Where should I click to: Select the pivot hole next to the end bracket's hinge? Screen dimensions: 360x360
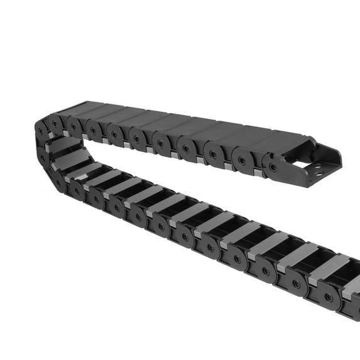pyautogui.click(x=243, y=161)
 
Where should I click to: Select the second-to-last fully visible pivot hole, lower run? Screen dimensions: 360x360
pyautogui.click(x=296, y=284)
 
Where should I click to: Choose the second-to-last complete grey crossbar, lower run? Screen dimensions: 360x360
pyautogui.click(x=295, y=256)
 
